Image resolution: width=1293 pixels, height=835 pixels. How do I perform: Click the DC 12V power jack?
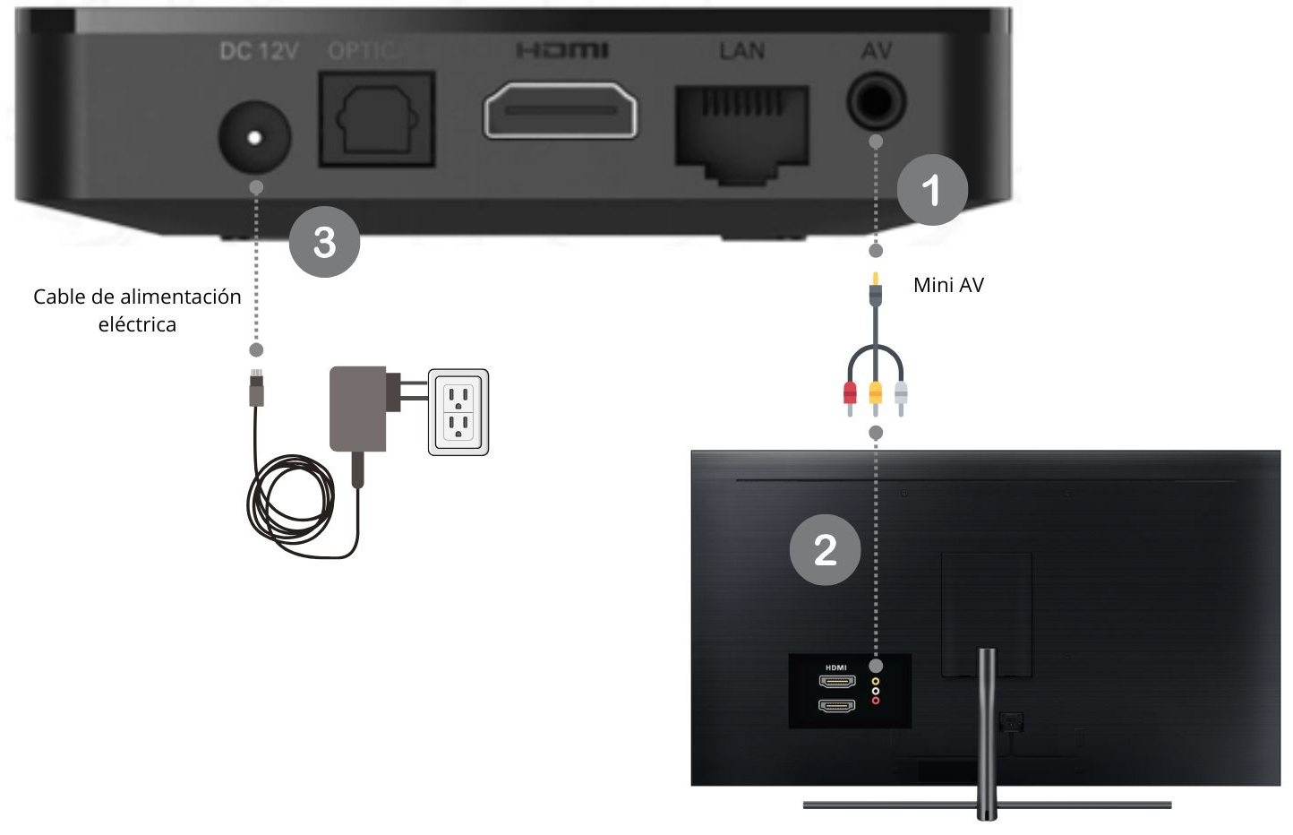click(254, 137)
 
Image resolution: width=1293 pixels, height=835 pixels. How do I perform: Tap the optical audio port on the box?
click(376, 119)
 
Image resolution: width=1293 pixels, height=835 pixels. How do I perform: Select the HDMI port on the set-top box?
click(561, 110)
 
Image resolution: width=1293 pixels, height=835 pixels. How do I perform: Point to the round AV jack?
click(877, 101)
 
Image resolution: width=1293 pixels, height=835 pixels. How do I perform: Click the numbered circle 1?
click(932, 189)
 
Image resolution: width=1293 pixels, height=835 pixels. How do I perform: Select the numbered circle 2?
click(825, 550)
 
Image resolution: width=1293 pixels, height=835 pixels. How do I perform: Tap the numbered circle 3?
click(324, 241)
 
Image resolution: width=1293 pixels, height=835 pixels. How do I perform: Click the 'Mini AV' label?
click(948, 285)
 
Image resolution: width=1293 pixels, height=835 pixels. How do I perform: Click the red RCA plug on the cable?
click(850, 396)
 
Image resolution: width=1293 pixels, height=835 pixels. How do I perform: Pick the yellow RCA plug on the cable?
click(876, 397)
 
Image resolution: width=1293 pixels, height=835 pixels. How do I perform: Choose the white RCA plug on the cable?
click(901, 397)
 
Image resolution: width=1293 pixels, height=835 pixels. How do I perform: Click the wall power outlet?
click(458, 412)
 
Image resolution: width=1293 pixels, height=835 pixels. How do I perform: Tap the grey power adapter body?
click(358, 409)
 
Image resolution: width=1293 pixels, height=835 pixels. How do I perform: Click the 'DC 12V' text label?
click(259, 51)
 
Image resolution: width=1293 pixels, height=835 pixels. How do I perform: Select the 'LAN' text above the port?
click(741, 51)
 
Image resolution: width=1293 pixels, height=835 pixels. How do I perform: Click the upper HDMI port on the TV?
click(837, 682)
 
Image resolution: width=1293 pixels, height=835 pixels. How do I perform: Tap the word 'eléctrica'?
click(137, 324)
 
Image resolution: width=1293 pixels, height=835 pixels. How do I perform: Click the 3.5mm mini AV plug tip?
click(876, 278)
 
